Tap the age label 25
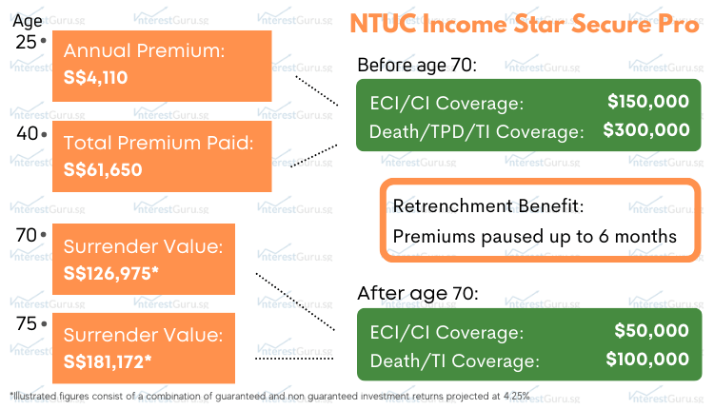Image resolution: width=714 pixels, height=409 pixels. (x=27, y=42)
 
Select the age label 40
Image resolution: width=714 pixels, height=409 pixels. (x=27, y=133)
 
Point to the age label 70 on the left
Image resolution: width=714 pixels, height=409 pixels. (x=27, y=234)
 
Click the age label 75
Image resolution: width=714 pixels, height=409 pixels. (x=27, y=323)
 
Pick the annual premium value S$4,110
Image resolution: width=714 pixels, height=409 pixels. (x=95, y=78)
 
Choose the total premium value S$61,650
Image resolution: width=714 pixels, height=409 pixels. (x=103, y=170)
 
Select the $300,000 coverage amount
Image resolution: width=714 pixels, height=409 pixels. (x=647, y=130)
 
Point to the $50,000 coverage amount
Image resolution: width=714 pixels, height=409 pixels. (x=653, y=331)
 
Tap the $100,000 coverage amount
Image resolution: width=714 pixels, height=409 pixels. (x=647, y=360)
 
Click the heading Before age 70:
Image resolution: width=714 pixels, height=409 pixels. (x=416, y=66)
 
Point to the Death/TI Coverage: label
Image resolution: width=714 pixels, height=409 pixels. (x=453, y=360)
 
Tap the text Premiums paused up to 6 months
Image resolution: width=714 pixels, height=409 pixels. (x=534, y=236)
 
